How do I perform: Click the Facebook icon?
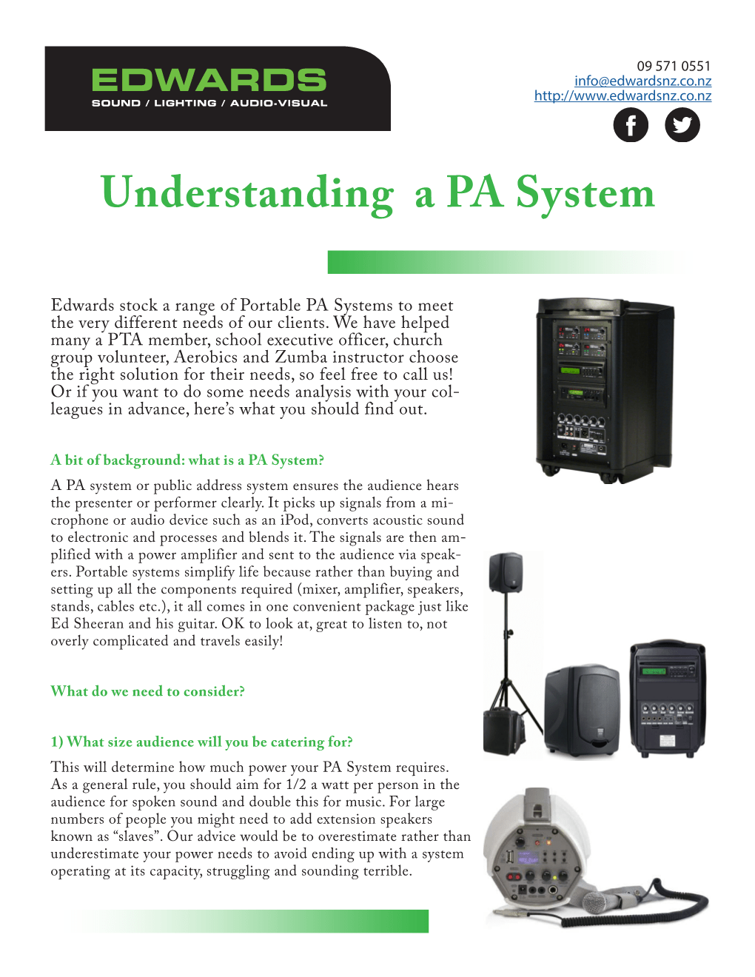coord(631,125)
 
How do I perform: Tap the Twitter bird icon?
coord(682,125)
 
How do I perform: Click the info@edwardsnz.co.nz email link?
coord(642,81)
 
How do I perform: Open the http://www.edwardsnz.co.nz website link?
coord(623,95)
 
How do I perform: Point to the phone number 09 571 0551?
coord(673,66)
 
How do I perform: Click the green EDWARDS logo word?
coord(209,81)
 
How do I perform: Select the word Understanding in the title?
coord(247,193)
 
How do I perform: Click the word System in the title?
coord(585,193)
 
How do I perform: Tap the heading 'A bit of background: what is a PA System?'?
coord(187,460)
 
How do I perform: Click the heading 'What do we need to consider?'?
coord(147,691)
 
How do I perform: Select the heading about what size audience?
coord(201,742)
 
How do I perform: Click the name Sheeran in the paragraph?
coord(98,624)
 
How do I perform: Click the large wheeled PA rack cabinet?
coord(603,389)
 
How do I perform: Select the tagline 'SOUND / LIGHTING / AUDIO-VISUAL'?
coord(209,104)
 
